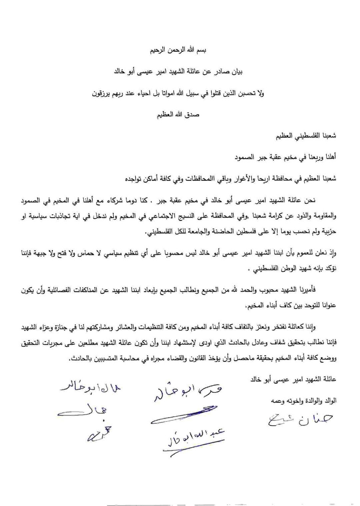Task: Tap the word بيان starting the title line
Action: click(x=238, y=72)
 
